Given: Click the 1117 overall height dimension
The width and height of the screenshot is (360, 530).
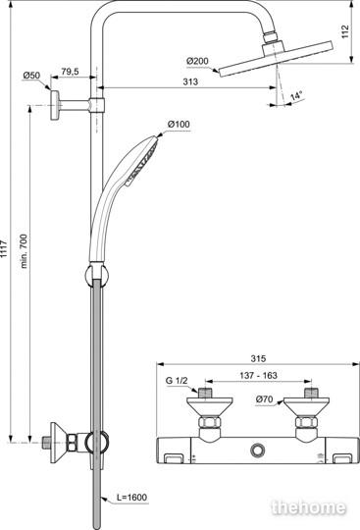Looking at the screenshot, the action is point(3,248).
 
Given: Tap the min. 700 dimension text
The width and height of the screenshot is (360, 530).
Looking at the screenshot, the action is point(23,251).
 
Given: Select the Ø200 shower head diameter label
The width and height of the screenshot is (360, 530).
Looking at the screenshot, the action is point(197,61).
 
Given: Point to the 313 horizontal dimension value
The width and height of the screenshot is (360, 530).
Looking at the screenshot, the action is point(190,81).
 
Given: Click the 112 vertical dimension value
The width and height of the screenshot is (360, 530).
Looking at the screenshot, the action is point(345,31).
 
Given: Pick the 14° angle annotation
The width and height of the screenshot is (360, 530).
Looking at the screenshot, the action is point(296,95).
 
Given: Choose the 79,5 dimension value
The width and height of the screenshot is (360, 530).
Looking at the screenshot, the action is point(70,72).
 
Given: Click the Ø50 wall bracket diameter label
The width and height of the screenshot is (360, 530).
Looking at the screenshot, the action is point(31,76).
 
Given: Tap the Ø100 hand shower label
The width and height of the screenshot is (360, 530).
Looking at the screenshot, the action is point(179,124).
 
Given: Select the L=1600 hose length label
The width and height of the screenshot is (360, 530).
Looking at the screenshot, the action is point(132,498).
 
